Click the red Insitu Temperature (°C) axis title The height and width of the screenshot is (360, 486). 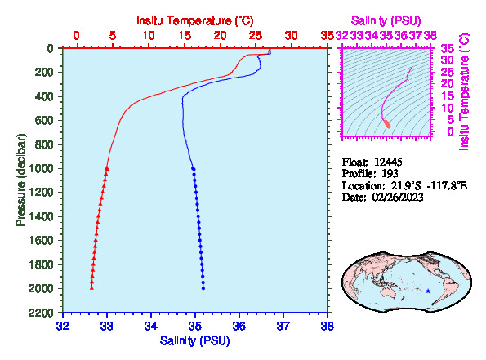[195, 20]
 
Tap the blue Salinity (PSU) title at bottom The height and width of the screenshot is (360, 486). [195, 340]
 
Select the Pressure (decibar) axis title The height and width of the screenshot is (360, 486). [20, 180]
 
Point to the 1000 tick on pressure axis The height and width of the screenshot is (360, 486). [41, 168]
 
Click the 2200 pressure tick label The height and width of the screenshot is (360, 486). [41, 313]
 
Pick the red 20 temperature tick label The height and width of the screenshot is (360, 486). [220, 36]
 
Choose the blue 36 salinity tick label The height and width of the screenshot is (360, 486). [239, 326]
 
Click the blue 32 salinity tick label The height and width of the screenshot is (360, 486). [63, 326]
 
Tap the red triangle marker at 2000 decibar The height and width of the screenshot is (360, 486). [91, 288]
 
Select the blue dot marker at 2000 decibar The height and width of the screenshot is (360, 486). [203, 288]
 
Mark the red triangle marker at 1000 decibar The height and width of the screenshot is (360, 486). [107, 168]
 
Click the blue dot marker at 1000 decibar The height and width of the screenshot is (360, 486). [194, 168]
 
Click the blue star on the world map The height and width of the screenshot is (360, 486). [428, 291]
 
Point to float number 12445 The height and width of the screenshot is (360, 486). [388, 162]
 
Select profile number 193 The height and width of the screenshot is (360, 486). [390, 174]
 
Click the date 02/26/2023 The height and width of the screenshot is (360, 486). [398, 198]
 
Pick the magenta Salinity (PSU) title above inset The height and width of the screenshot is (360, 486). [386, 20]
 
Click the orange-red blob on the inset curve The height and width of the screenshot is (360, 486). [387, 124]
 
